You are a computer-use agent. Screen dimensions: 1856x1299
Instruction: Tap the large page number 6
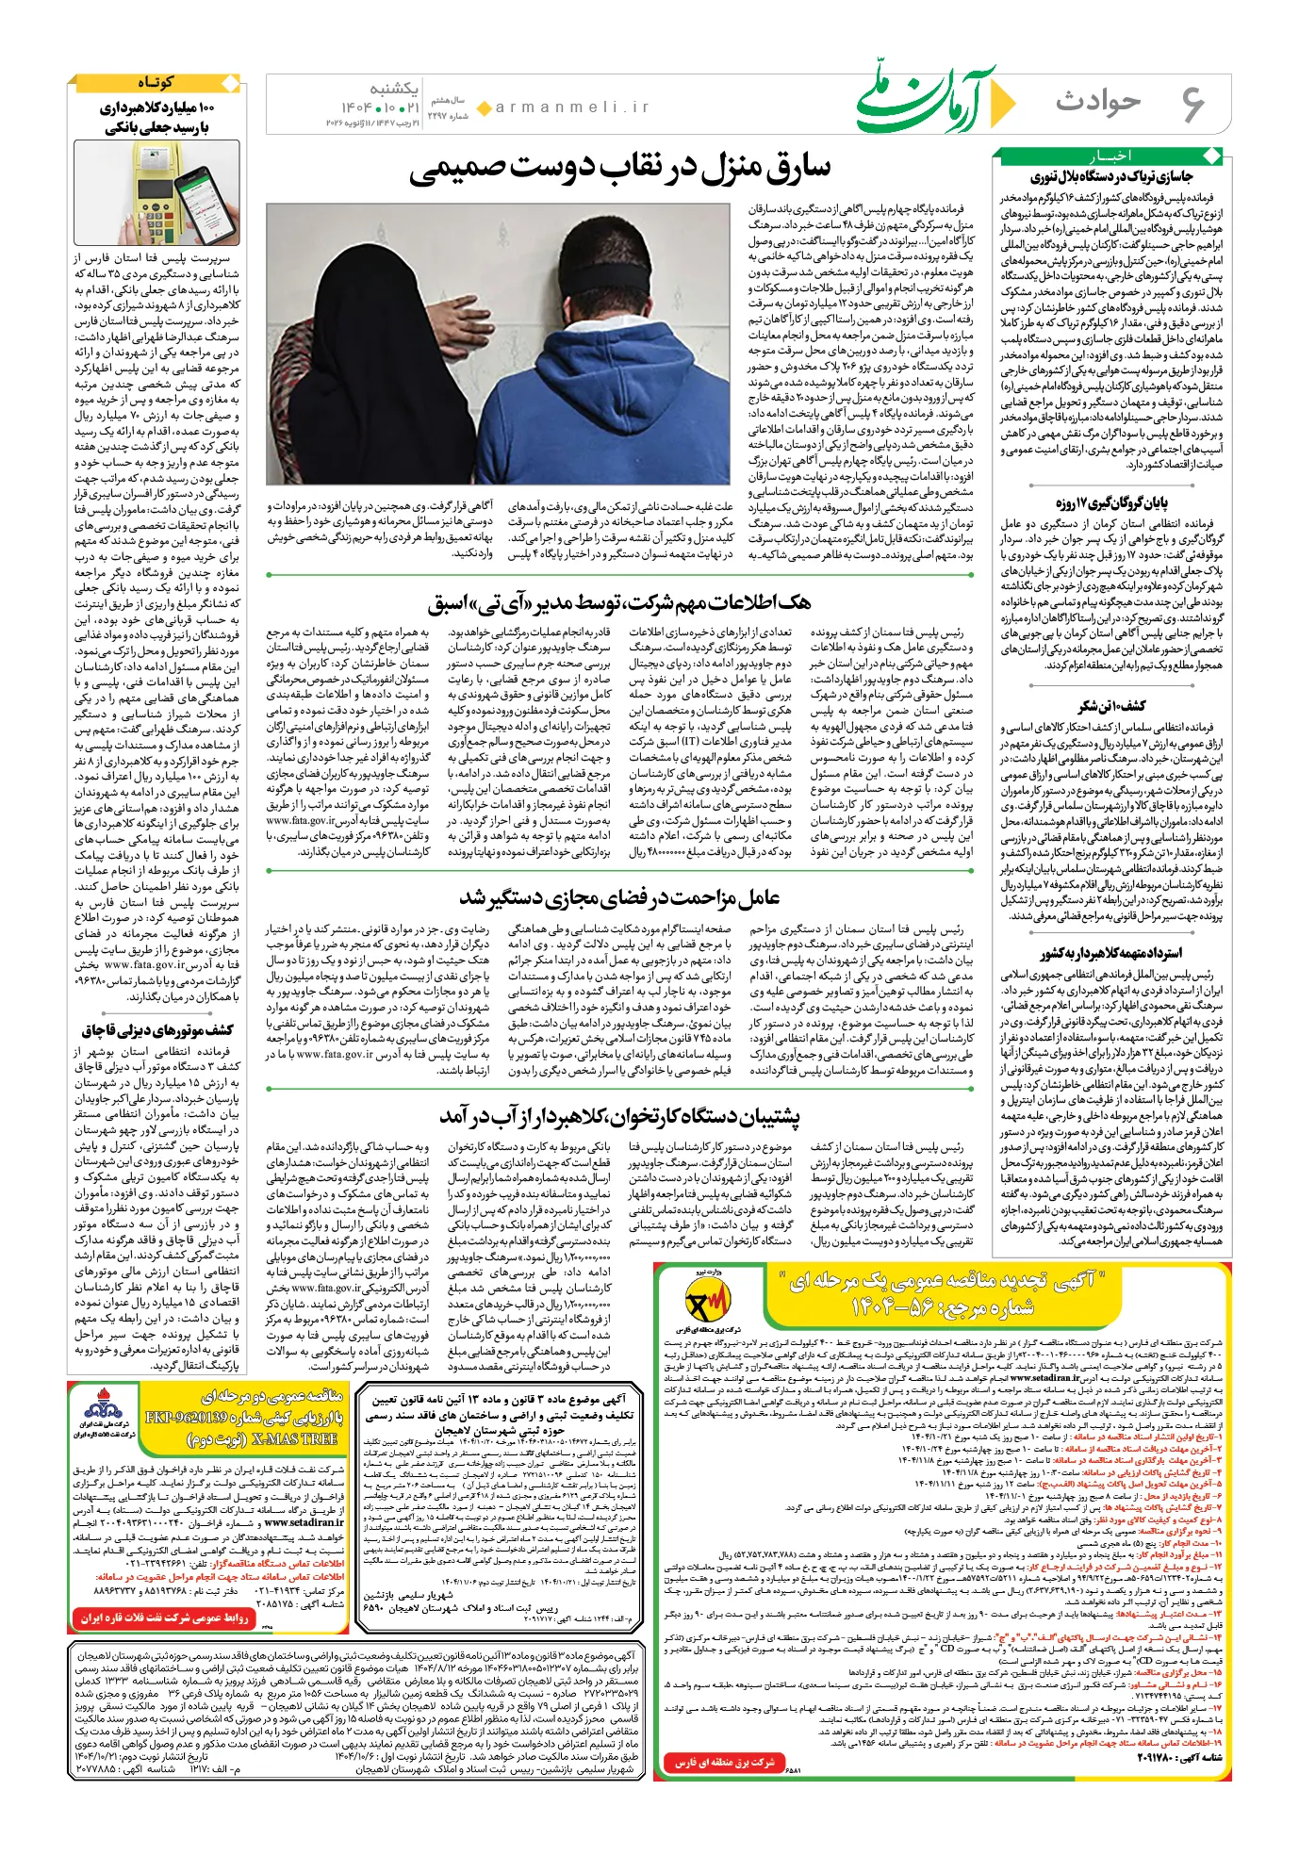pos(1192,103)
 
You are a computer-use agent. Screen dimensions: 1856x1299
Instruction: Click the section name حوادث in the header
pos(1098,101)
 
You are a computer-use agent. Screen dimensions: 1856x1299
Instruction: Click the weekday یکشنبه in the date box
pos(393,89)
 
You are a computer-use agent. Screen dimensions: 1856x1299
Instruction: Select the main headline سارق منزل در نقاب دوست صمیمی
pos(621,169)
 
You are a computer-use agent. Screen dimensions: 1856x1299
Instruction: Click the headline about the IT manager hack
pos(619,602)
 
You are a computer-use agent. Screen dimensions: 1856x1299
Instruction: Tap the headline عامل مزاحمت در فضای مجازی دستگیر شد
pos(619,897)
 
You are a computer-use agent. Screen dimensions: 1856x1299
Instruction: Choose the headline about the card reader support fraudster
pos(619,1116)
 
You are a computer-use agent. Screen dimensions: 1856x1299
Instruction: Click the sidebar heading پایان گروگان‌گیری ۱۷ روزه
pos(1112,502)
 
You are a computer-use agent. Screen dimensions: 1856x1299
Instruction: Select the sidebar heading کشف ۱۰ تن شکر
pos(1112,706)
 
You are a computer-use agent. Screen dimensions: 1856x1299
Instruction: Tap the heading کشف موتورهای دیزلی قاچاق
pos(156,1029)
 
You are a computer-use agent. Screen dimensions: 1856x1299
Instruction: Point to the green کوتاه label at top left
pos(156,83)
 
